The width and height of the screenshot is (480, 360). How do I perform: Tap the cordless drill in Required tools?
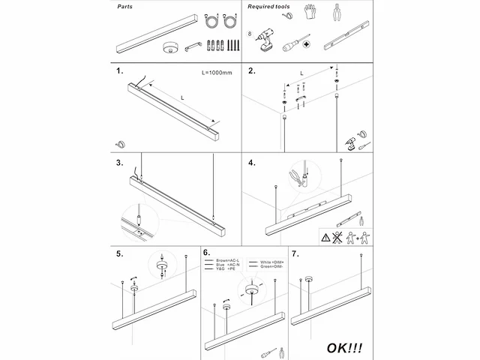tap(265, 40)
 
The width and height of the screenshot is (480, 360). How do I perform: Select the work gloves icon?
tap(311, 11)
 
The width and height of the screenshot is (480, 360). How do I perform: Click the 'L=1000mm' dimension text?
tap(217, 73)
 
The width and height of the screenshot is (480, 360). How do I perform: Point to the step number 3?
tap(119, 163)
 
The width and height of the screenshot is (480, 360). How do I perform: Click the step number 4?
tap(253, 163)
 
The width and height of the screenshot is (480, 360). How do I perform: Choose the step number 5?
tap(119, 254)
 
